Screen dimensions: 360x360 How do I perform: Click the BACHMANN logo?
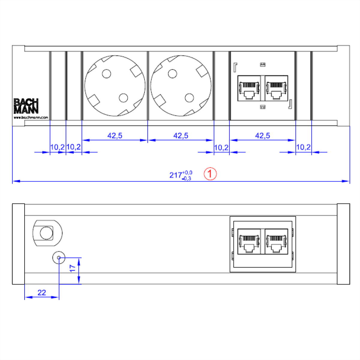[26, 106]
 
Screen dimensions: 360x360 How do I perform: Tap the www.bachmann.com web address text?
[31, 118]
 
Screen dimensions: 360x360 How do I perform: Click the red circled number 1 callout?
[210, 174]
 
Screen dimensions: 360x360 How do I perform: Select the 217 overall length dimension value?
[175, 175]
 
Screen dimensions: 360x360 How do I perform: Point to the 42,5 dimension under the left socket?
[115, 135]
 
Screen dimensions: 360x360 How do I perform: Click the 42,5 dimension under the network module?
[262, 135]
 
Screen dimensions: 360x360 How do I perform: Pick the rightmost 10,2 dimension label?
[303, 147]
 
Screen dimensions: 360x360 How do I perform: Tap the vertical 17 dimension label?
[73, 268]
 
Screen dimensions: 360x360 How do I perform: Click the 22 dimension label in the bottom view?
[42, 292]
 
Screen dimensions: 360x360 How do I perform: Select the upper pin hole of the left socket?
[106, 73]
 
